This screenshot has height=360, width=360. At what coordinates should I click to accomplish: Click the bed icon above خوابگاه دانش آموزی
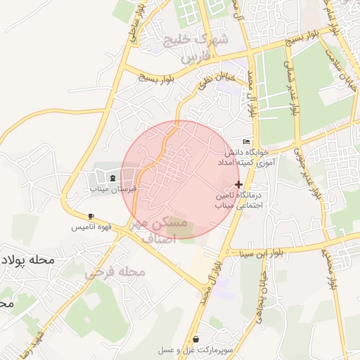[x=245, y=141]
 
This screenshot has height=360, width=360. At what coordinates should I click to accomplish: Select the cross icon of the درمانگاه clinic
[x=238, y=184]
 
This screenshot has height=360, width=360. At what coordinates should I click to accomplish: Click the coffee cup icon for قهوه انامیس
[x=91, y=217]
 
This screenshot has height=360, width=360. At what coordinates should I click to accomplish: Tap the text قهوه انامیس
[x=90, y=228]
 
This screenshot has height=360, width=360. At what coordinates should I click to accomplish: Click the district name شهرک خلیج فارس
[x=195, y=48]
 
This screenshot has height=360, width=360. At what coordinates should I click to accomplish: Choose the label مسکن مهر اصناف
[x=161, y=230]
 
